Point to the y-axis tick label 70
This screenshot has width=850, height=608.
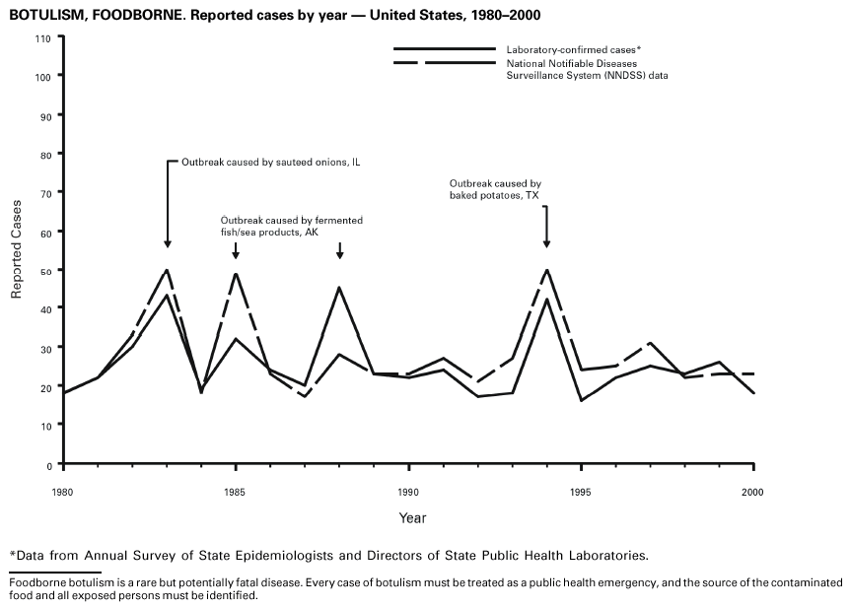[45, 193]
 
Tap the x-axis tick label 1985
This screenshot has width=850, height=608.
[236, 491]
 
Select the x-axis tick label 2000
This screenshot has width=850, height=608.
[753, 491]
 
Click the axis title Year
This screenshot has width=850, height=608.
[412, 517]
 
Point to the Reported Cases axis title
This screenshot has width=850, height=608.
[17, 249]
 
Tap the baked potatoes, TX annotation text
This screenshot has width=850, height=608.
[495, 190]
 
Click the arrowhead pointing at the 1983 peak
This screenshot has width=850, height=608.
[168, 243]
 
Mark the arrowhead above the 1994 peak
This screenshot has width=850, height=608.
[546, 243]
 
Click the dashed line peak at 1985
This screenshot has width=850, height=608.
[236, 274]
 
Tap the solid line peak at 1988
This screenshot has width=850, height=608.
[339, 288]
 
